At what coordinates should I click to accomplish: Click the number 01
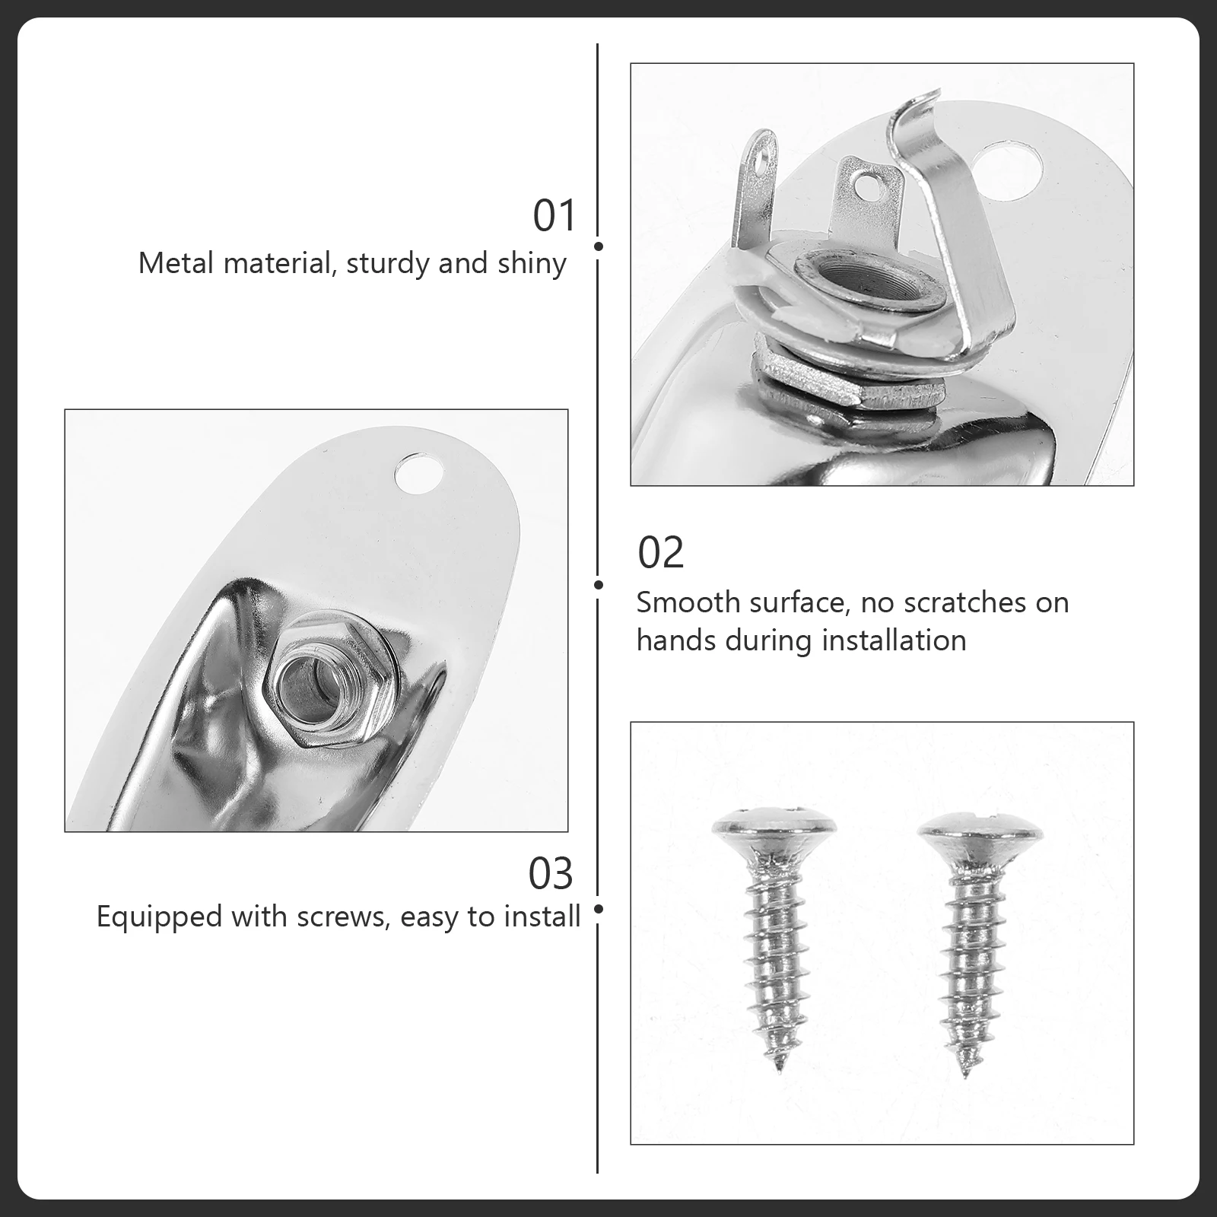(x=554, y=216)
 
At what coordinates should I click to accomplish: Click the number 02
(x=660, y=553)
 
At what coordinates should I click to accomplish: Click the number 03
(x=550, y=874)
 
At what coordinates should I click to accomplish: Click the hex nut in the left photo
(x=319, y=677)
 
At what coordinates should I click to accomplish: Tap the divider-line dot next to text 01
(x=599, y=246)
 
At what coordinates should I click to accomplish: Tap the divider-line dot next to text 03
(x=599, y=909)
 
